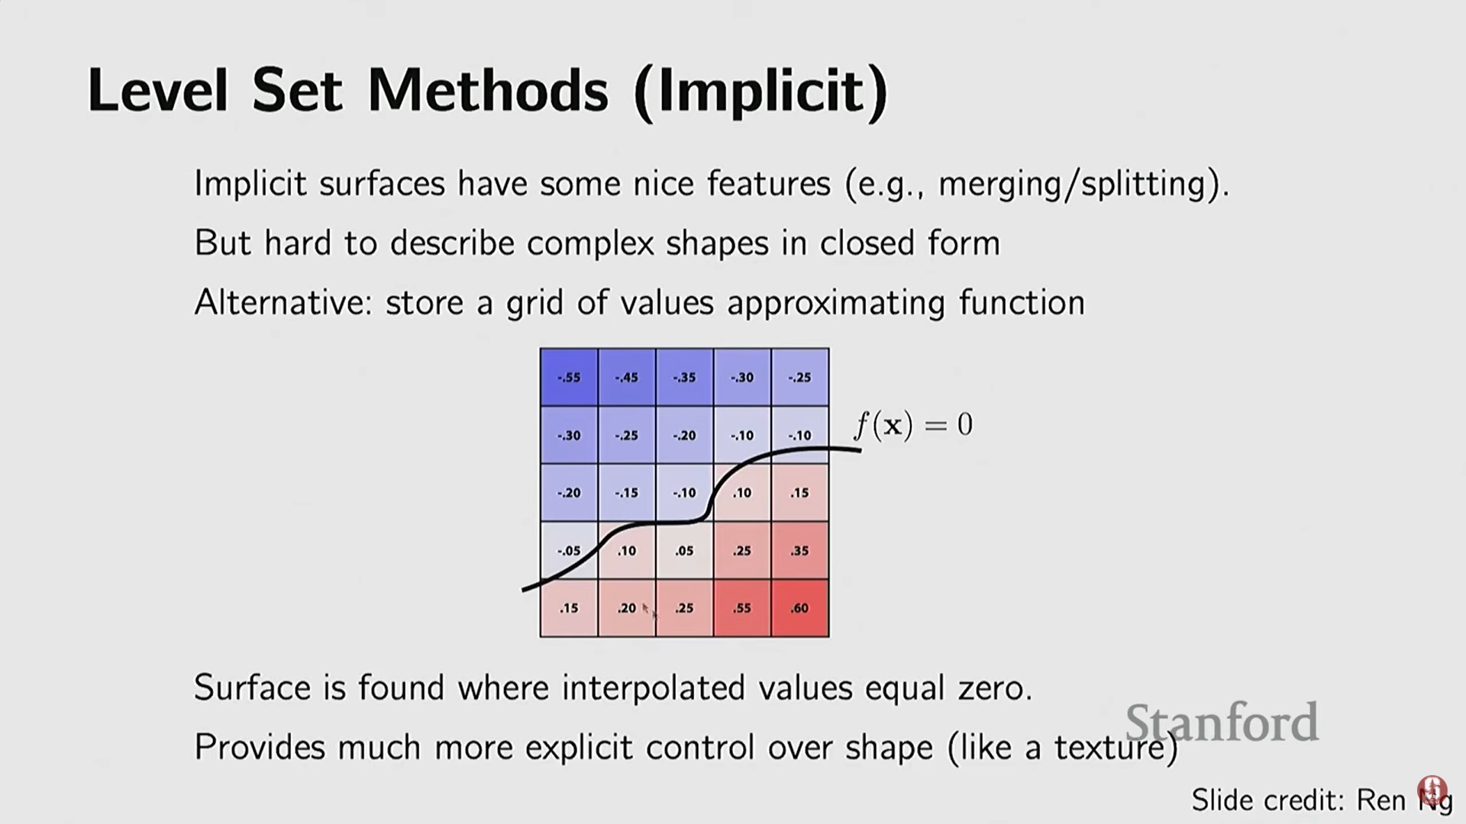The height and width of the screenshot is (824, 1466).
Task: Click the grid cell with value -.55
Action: [x=569, y=377]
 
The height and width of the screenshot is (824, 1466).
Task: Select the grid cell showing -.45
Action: [x=627, y=377]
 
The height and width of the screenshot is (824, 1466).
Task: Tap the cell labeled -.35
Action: [x=684, y=377]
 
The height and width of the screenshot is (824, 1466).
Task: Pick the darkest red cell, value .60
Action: [x=799, y=608]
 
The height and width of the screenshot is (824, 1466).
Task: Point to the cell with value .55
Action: [x=742, y=608]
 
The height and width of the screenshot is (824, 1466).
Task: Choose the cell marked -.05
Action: [x=569, y=550]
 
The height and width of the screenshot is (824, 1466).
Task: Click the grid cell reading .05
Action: [x=684, y=550]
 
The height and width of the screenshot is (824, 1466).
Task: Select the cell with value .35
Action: [x=799, y=550]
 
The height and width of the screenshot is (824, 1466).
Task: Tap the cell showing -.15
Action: [x=627, y=492]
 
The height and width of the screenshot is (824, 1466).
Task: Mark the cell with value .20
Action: [x=627, y=608]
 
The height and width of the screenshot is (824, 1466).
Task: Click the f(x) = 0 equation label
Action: [x=913, y=425]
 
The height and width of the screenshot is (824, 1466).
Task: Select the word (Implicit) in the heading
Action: [x=761, y=92]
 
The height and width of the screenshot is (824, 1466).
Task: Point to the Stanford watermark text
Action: [x=1222, y=722]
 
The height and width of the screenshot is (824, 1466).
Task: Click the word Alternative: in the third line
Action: [x=283, y=302]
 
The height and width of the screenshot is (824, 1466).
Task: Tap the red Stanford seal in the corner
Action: [x=1432, y=790]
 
